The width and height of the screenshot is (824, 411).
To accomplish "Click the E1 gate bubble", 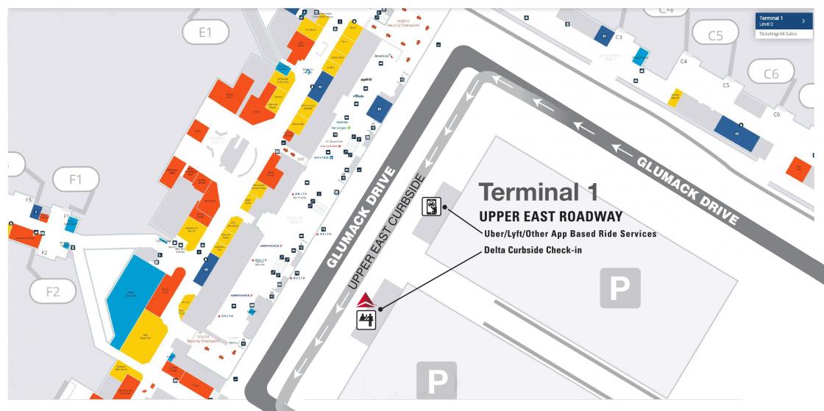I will pyautogui.click(x=205, y=32).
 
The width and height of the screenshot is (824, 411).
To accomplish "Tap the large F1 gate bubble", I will pyautogui.click(x=75, y=179).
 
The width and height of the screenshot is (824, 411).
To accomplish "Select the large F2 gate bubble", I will pyautogui.click(x=52, y=291).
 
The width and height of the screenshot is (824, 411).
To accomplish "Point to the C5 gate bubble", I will pyautogui.click(x=715, y=35).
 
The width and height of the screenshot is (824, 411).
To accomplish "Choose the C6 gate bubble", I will pyautogui.click(x=770, y=73).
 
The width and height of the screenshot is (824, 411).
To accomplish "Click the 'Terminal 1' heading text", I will pyautogui.click(x=538, y=192).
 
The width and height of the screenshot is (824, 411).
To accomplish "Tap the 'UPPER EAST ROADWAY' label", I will pyautogui.click(x=550, y=217).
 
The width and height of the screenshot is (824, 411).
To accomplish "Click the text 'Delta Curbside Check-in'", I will pyautogui.click(x=538, y=250).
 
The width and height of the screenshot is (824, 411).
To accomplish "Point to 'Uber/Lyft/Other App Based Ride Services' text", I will pyautogui.click(x=569, y=234).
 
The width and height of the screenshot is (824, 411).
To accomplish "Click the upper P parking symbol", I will pyautogui.click(x=619, y=287).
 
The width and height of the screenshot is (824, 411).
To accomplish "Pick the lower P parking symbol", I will pyautogui.click(x=437, y=381).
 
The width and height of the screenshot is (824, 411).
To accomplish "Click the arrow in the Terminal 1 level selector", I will pyautogui.click(x=803, y=21).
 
